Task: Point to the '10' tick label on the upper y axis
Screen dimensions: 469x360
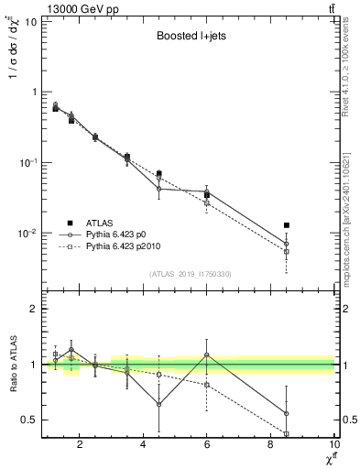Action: pos(30,21)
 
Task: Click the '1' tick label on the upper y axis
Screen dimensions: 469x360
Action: pos(34,92)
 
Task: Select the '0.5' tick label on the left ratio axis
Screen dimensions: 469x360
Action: pos(28,420)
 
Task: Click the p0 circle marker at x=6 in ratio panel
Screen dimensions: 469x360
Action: pos(207,354)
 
